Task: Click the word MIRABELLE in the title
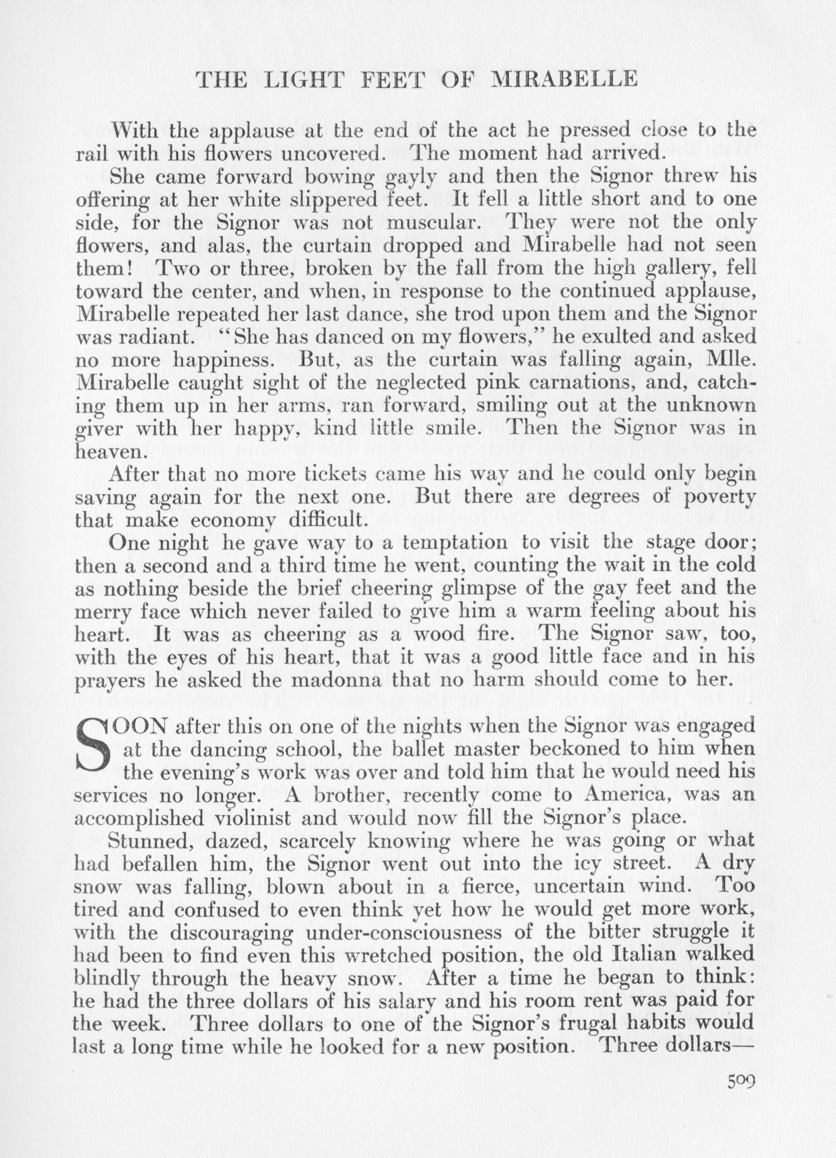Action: click(x=564, y=80)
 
